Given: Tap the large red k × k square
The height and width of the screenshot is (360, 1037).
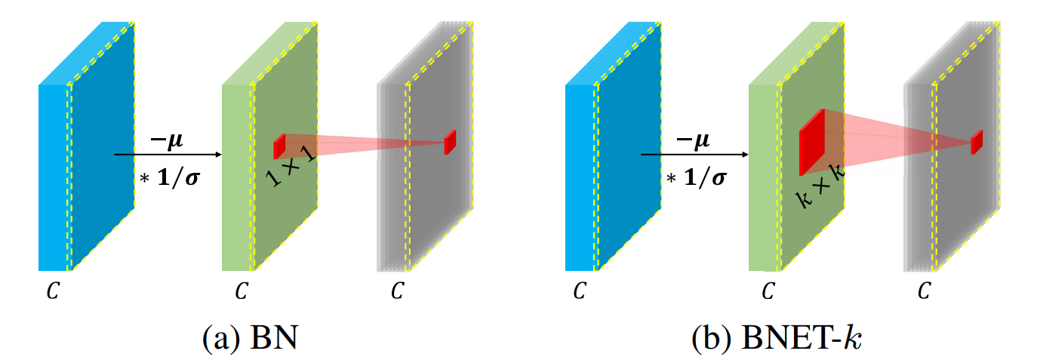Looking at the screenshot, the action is point(811,143).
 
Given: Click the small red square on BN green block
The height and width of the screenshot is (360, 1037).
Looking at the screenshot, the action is point(279,146).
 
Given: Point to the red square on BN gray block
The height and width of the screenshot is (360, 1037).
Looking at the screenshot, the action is point(451,142).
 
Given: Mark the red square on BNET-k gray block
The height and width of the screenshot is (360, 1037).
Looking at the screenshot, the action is point(977,141).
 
